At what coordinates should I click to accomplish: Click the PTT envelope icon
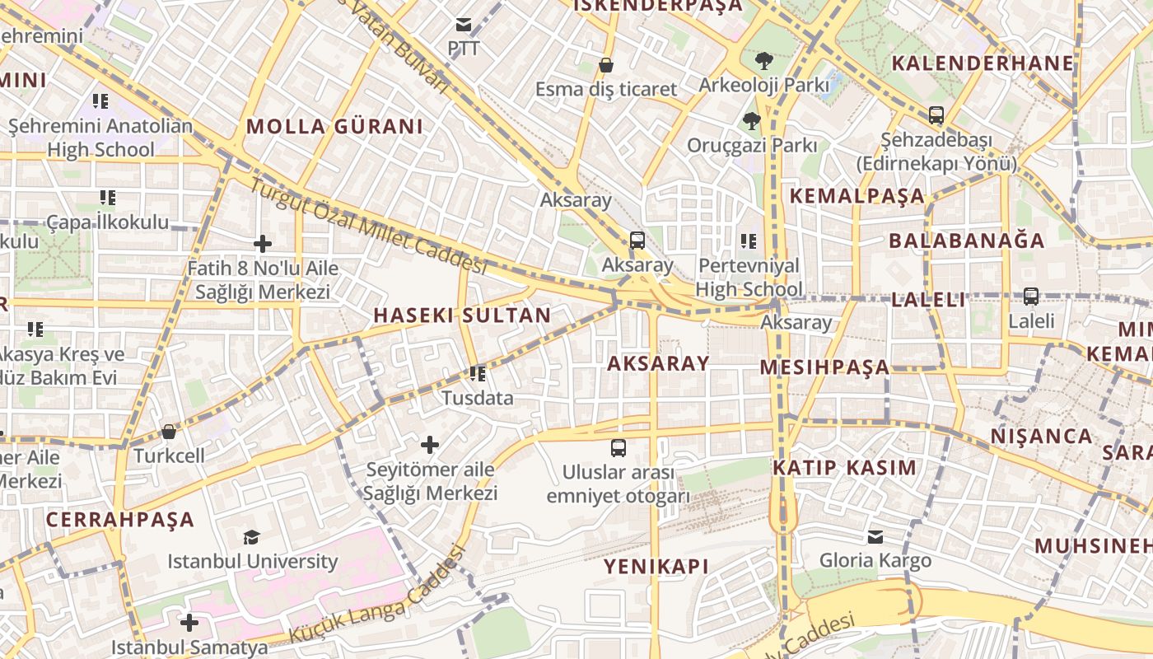[464, 25]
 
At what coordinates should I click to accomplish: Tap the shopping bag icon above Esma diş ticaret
[606, 65]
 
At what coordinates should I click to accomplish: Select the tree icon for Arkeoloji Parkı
[764, 60]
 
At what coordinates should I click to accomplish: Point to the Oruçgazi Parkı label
[752, 146]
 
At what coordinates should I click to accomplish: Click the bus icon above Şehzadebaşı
[936, 115]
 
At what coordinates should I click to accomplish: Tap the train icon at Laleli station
[1030, 297]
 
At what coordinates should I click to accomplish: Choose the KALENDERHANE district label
[983, 63]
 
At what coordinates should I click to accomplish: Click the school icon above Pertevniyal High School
[748, 241]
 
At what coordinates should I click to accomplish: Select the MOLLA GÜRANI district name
[334, 126]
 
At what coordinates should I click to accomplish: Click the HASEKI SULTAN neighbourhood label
[462, 315]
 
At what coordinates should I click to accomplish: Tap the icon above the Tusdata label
[477, 374]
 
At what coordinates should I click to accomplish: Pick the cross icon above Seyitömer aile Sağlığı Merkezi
[430, 445]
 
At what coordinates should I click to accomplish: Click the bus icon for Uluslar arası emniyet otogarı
[618, 448]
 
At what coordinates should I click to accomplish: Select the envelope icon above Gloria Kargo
[875, 537]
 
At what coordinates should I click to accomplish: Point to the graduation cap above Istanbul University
[251, 538]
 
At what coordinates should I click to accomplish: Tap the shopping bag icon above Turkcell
[169, 432]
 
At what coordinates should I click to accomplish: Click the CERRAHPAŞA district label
[120, 520]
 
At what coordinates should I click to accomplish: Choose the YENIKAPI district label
[656, 566]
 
